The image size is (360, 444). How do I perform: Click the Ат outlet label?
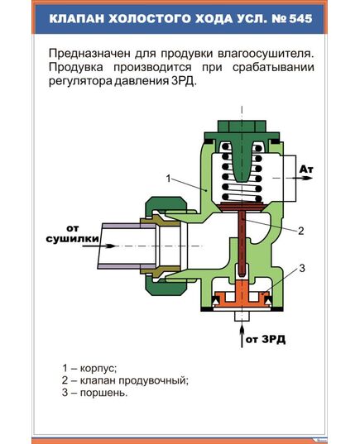click(x=306, y=169)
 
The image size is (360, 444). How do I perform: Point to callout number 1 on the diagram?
click(x=168, y=178)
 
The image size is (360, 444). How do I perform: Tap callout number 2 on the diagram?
click(x=301, y=231)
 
